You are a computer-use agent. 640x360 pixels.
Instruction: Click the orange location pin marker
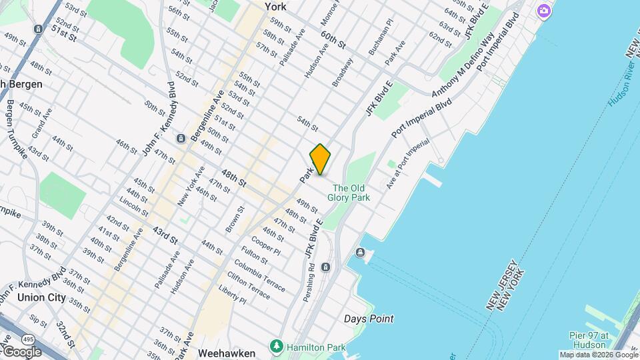point(320,159)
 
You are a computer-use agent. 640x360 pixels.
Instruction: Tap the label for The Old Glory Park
point(351,193)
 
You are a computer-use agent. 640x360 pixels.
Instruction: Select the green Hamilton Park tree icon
point(277,347)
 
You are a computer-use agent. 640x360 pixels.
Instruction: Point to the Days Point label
point(369,319)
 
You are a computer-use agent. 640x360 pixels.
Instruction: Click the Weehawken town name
point(227,351)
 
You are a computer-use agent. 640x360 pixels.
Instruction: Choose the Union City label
point(41,297)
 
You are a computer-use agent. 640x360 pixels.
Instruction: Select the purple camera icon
point(544,11)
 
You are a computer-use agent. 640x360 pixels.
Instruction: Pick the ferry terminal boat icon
point(360,253)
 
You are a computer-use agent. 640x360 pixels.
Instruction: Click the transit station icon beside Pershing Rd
point(325,267)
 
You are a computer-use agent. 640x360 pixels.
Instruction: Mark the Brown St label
point(235,219)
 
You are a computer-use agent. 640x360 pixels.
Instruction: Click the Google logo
point(22,351)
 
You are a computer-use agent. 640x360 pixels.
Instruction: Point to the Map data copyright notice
point(598,355)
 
